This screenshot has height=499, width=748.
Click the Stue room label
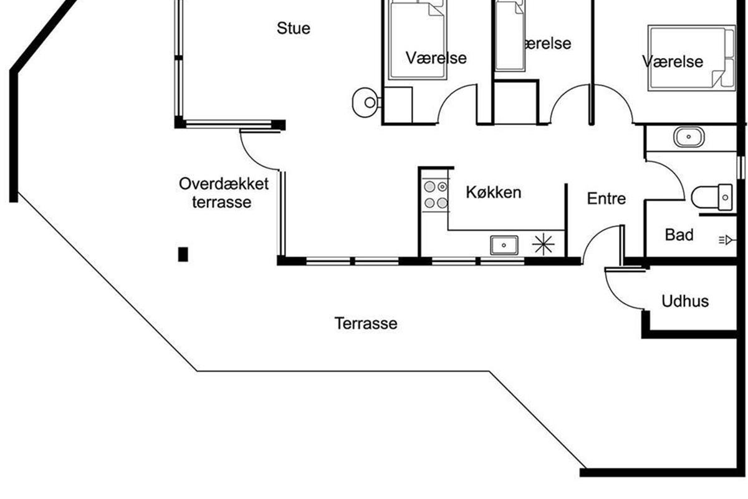point(294,28)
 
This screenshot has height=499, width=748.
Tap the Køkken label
point(493,192)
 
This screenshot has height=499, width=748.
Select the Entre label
point(607,198)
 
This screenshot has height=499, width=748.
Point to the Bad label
point(679,235)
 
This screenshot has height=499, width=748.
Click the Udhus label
point(685,301)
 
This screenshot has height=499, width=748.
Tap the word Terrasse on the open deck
point(366,324)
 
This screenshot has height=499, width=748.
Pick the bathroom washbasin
point(689,137)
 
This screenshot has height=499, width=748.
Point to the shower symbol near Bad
point(726,238)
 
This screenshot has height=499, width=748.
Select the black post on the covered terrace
point(183,254)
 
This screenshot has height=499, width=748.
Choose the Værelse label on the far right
point(673,61)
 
